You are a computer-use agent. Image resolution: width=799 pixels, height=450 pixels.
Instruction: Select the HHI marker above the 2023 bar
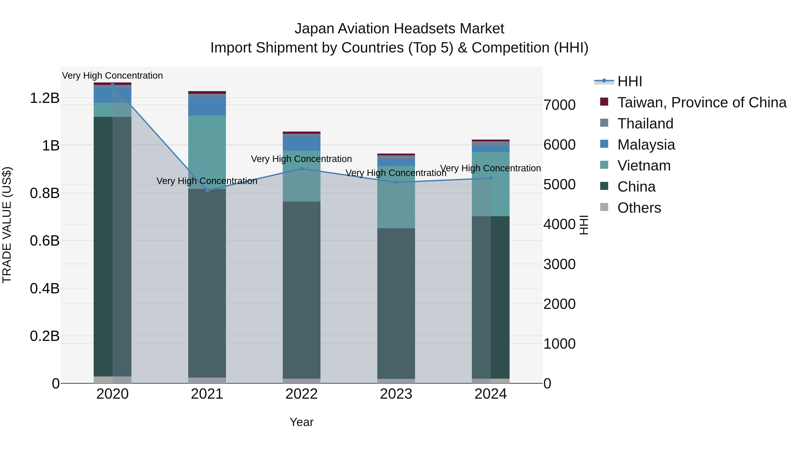click(x=396, y=182)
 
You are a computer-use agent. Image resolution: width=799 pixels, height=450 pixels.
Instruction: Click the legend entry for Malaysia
click(x=646, y=145)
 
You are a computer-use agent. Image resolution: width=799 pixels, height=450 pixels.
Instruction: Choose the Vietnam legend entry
click(x=644, y=166)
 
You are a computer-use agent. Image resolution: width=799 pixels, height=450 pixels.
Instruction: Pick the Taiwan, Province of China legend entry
click(x=702, y=102)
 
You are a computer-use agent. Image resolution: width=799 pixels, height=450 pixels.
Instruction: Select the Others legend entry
click(x=639, y=208)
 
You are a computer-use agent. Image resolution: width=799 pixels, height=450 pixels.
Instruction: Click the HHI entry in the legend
click(x=629, y=81)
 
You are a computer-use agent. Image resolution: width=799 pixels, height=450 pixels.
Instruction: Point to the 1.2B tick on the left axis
click(x=45, y=98)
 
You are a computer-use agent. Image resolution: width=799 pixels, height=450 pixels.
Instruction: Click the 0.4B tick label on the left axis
click(x=45, y=288)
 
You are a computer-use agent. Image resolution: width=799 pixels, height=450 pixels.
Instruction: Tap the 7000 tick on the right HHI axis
click(x=560, y=105)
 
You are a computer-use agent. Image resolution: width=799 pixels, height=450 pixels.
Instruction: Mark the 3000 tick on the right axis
click(x=560, y=264)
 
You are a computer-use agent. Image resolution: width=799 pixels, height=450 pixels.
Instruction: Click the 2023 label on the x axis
click(x=396, y=394)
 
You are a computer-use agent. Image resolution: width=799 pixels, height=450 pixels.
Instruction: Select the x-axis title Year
click(x=301, y=422)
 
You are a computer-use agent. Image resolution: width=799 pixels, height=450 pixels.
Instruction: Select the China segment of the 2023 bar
click(x=396, y=303)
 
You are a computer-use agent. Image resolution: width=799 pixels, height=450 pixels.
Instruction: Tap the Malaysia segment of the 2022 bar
click(x=301, y=144)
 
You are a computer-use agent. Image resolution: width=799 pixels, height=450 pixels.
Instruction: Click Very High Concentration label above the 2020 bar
click(x=112, y=76)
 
